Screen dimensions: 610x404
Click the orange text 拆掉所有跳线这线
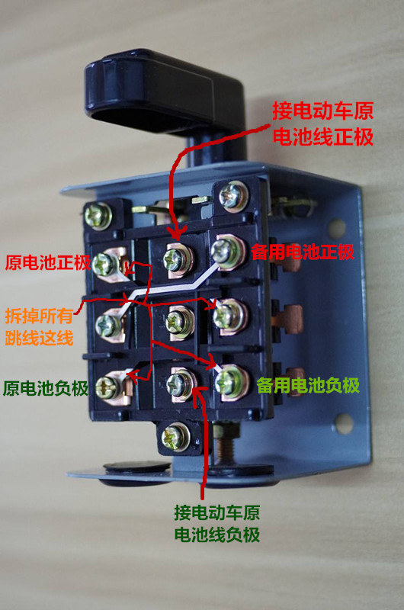pos(39,326)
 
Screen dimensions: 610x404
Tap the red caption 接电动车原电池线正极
pos(323,125)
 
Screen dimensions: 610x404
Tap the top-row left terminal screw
pos(106,264)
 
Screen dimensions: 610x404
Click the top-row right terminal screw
pos(227,249)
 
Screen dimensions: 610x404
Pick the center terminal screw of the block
pos(178,318)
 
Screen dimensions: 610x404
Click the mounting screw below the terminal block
pos(174,438)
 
